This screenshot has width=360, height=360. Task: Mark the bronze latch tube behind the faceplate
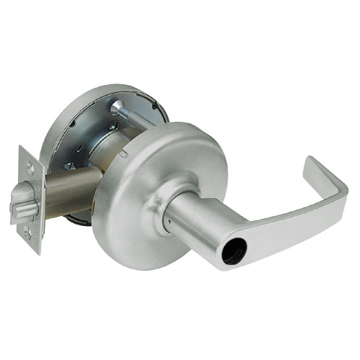pos(68,189)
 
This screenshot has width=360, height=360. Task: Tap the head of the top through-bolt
pos(117,108)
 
